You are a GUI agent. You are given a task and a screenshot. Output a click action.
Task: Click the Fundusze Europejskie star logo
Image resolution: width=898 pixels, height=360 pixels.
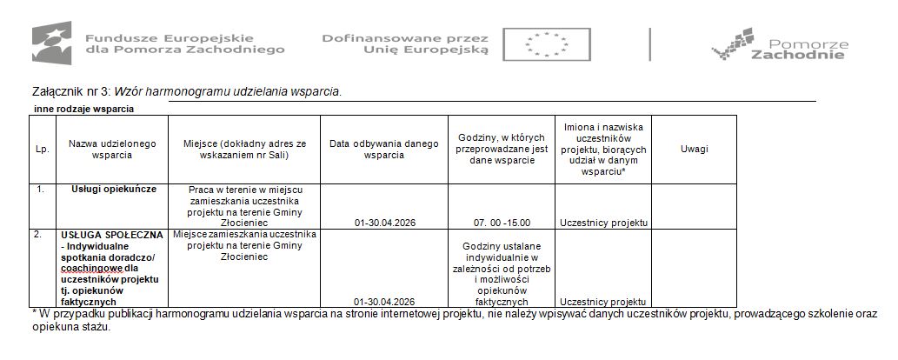pyautogui.click(x=51, y=43)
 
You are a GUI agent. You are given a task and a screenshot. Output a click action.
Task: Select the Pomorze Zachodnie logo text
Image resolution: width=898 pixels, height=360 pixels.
pyautogui.click(x=796, y=49)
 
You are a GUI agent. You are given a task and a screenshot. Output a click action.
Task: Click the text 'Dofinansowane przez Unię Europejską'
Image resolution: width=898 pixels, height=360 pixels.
pyautogui.click(x=405, y=44)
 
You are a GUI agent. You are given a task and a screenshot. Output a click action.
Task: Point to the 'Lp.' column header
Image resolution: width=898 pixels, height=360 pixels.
pyautogui.click(x=42, y=149)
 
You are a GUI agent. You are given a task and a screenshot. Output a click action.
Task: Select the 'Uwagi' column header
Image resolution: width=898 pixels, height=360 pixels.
pyautogui.click(x=694, y=149)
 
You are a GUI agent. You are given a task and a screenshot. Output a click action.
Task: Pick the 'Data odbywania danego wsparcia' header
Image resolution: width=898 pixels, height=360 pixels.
pyautogui.click(x=384, y=149)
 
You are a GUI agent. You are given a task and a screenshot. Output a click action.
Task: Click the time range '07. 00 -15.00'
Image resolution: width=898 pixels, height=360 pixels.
pyautogui.click(x=502, y=223)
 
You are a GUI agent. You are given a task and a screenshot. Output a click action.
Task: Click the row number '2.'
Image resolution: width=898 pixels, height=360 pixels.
pyautogui.click(x=38, y=235)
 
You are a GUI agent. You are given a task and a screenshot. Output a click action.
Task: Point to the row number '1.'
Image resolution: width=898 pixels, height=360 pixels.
pyautogui.click(x=38, y=189)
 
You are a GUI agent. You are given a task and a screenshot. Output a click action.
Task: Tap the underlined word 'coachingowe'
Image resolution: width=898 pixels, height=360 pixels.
pyautogui.click(x=86, y=268)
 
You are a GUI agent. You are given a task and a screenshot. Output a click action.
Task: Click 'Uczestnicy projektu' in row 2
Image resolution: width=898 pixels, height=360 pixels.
pyautogui.click(x=603, y=302)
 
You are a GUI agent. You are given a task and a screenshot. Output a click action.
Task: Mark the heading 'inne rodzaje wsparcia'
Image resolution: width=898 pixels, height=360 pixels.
pyautogui.click(x=83, y=109)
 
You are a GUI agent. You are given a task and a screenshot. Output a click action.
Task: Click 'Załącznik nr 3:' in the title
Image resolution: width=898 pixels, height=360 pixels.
pyautogui.click(x=70, y=90)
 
